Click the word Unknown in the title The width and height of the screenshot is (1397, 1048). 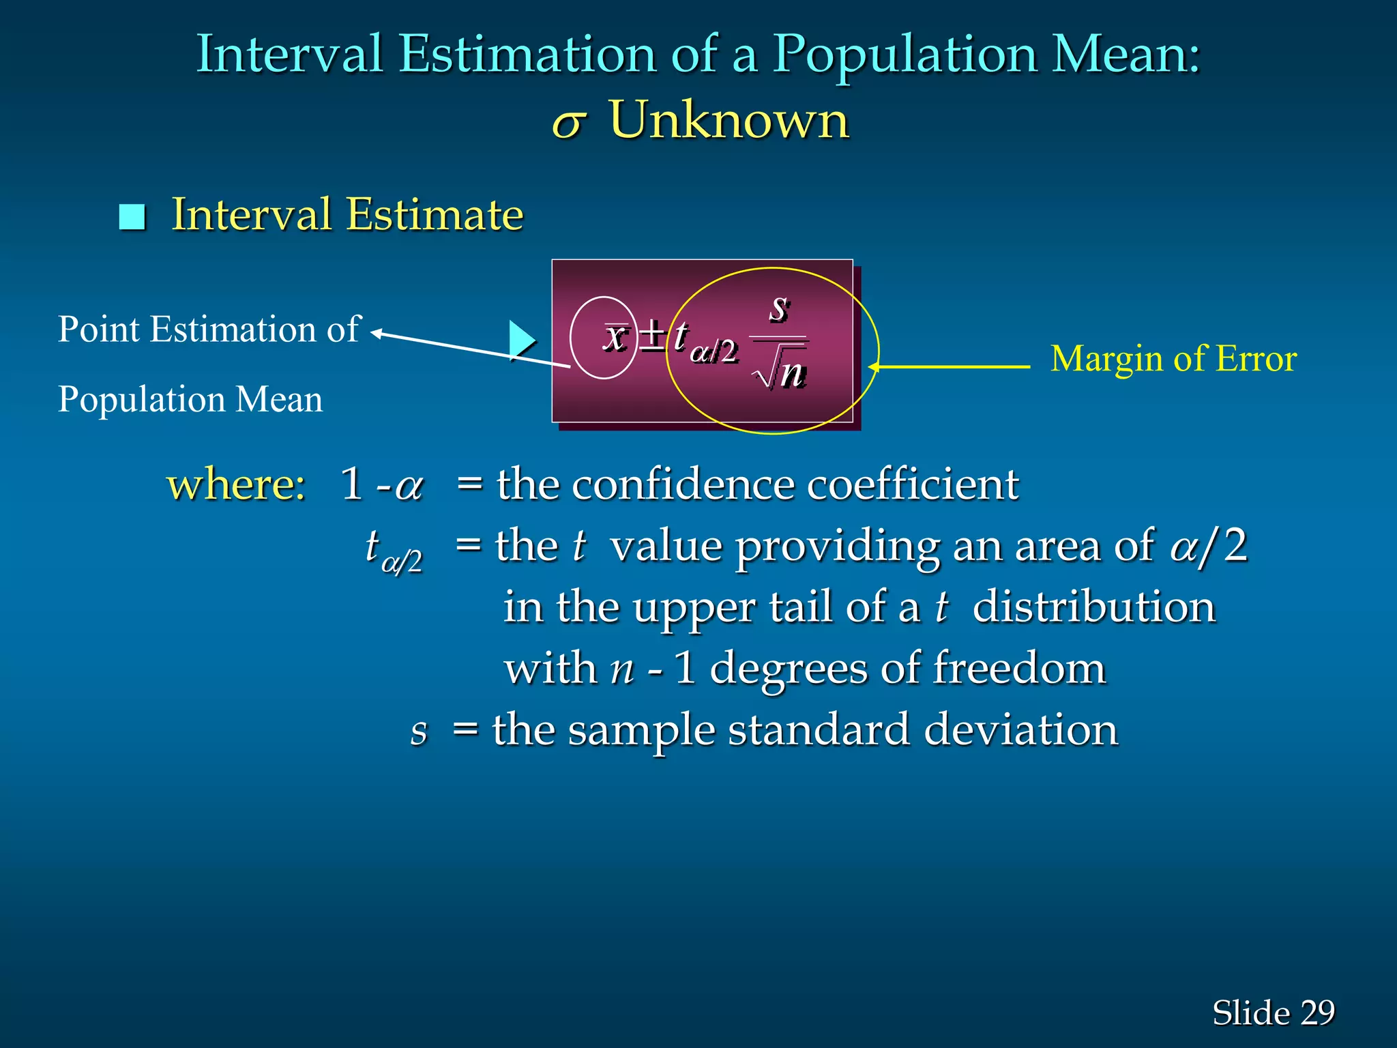729,120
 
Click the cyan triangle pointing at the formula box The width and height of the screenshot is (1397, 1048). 521,340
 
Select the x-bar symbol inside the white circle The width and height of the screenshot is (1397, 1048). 615,336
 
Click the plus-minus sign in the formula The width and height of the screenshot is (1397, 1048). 652,336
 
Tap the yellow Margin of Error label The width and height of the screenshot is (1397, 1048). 1173,359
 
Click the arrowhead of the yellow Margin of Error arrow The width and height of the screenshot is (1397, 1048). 873,367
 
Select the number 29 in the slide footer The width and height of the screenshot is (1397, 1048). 1317,1013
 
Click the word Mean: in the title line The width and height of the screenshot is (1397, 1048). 1126,55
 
